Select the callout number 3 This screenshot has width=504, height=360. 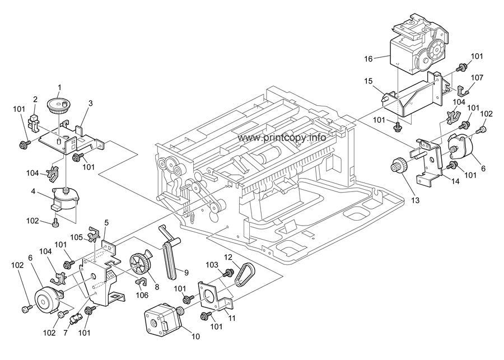tap(91, 103)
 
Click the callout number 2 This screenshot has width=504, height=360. tap(35, 99)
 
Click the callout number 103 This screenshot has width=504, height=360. tap(211, 264)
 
